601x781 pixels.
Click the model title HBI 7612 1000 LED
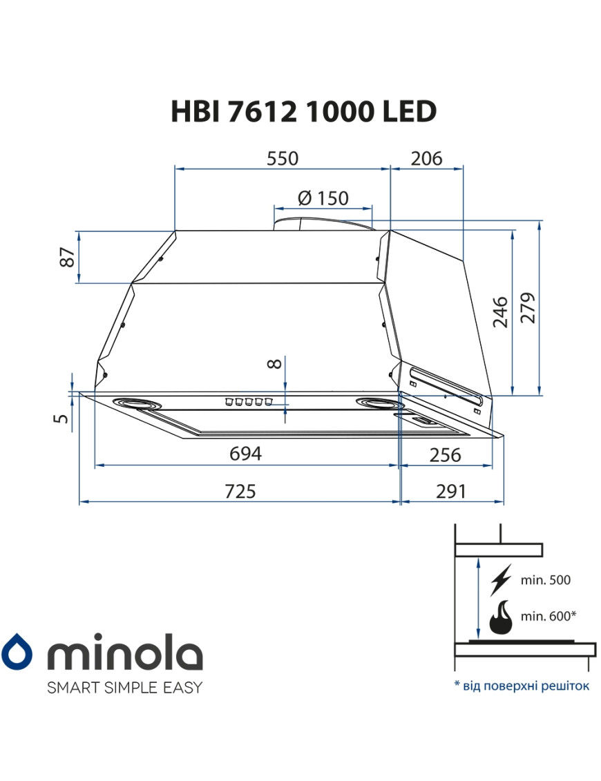click(x=303, y=112)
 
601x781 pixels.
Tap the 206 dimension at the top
click(x=426, y=158)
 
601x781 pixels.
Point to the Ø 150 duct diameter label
click(x=323, y=198)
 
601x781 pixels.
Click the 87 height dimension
click(x=67, y=258)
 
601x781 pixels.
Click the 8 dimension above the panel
click(x=275, y=363)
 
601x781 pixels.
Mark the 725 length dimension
click(x=240, y=491)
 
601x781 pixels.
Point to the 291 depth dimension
click(x=450, y=491)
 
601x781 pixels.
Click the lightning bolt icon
click(x=500, y=580)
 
